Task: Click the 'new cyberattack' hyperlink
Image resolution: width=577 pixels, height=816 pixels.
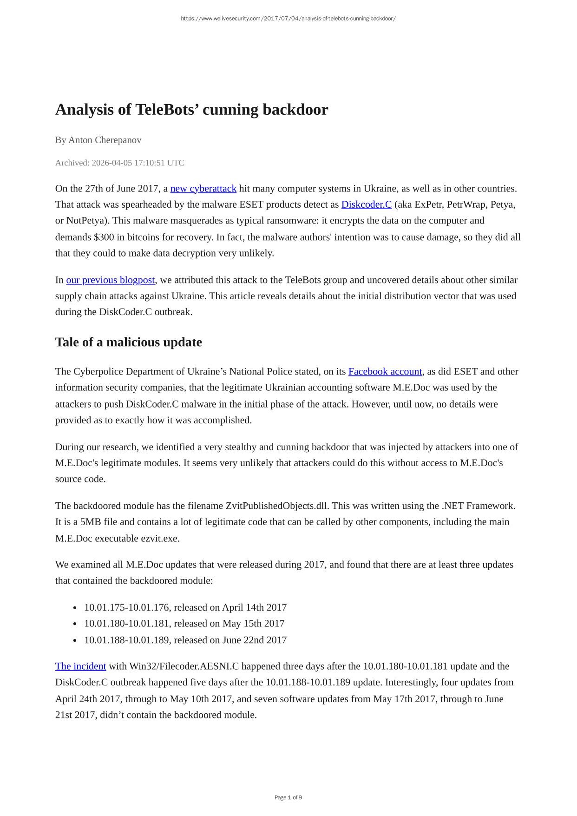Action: [x=203, y=189]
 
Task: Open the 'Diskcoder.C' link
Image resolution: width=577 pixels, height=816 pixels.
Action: [x=366, y=204]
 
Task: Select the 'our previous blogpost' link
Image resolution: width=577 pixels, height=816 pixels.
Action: [x=110, y=280]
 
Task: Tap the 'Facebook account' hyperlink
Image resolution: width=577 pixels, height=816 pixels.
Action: [x=385, y=372]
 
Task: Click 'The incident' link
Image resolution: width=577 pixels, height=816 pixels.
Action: [x=80, y=666]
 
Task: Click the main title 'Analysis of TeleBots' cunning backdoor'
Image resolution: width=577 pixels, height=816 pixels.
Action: [x=191, y=110]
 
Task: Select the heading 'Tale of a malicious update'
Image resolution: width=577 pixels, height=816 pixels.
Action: [x=128, y=342]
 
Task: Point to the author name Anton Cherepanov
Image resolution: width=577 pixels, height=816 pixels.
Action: [x=105, y=140]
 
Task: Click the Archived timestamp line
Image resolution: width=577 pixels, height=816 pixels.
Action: [x=119, y=163]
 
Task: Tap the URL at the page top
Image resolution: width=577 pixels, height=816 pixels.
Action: [x=288, y=19]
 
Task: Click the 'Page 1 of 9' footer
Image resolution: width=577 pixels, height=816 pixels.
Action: [x=288, y=798]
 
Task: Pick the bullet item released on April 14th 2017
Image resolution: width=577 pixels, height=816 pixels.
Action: [x=185, y=607]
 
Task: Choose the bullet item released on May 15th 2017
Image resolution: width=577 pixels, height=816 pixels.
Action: [x=184, y=624]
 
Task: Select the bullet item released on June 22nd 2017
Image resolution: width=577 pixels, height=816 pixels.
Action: [x=185, y=640]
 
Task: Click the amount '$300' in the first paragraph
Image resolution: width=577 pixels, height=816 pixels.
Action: [x=104, y=237]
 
